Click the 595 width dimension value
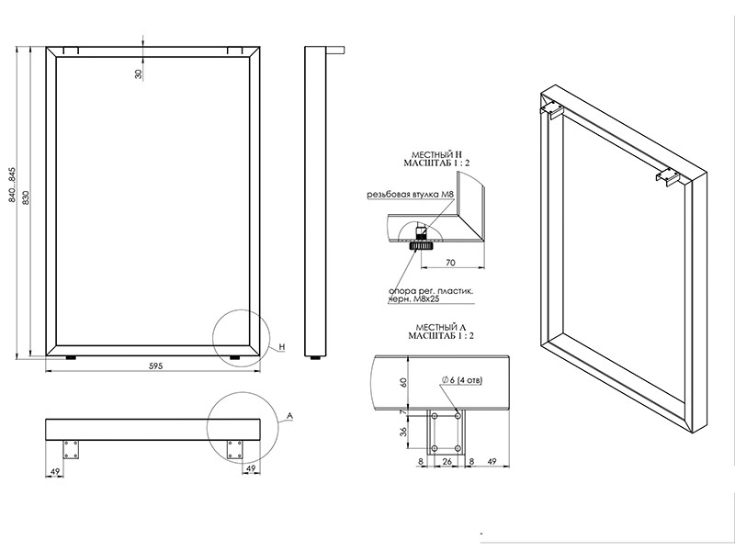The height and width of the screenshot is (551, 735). [x=155, y=365]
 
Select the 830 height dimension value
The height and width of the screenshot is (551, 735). [x=26, y=197]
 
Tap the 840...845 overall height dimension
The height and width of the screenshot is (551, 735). [x=12, y=185]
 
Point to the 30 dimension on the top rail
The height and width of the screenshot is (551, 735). [x=139, y=73]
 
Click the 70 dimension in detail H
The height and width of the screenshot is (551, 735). [x=450, y=263]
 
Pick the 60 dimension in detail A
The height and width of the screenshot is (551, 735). [x=403, y=382]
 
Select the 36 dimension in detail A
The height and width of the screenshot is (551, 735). [x=403, y=432]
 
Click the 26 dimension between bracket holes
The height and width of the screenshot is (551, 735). [x=447, y=462]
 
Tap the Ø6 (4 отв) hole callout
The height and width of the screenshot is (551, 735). [x=462, y=380]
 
